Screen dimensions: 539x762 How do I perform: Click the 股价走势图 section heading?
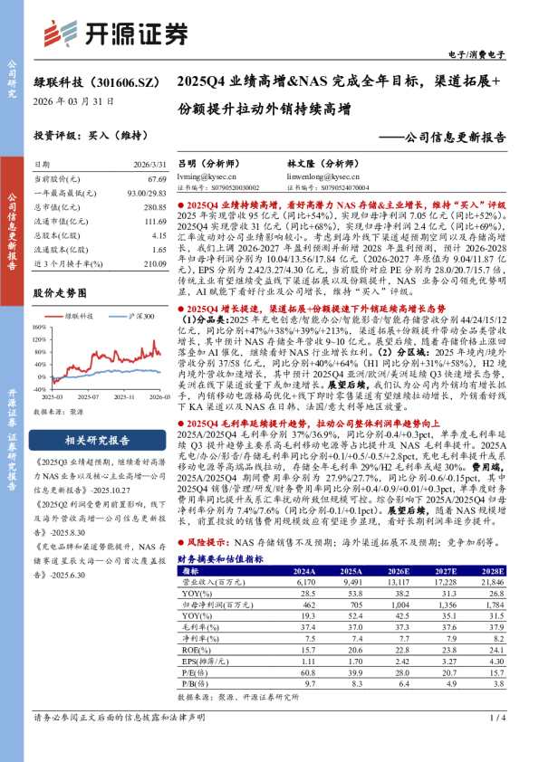[60, 293]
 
